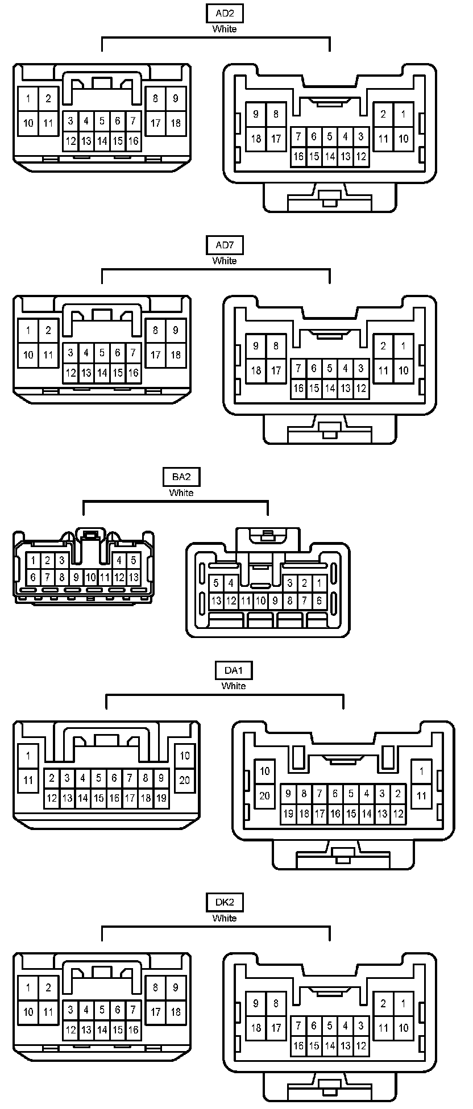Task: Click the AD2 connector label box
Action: [x=225, y=14]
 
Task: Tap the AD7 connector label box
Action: [x=225, y=245]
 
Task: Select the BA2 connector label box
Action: [x=181, y=477]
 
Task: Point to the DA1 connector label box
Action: [x=233, y=670]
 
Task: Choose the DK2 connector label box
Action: [x=225, y=902]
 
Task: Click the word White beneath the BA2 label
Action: [x=181, y=493]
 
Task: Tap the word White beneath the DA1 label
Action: [x=233, y=686]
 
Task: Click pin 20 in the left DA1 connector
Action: [x=185, y=780]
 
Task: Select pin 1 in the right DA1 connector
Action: [x=421, y=771]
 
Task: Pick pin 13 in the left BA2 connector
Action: [x=133, y=577]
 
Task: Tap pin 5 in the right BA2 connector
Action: [x=216, y=583]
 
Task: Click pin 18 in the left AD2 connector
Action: [x=176, y=123]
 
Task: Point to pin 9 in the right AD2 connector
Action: [x=256, y=114]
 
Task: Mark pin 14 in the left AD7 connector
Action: [x=102, y=373]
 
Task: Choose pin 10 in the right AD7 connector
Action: [x=403, y=370]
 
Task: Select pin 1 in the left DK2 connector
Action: [x=28, y=987]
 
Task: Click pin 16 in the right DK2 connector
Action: [x=298, y=1045]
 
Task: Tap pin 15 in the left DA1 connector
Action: [x=98, y=798]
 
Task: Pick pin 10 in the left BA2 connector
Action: [x=90, y=577]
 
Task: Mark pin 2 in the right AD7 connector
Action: [x=383, y=346]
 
